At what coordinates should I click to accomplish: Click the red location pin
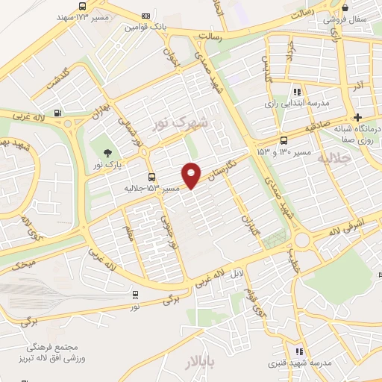192,175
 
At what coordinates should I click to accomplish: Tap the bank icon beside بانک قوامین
145,16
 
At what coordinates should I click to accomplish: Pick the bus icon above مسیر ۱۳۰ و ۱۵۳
284,140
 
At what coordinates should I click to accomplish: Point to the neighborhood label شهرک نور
179,123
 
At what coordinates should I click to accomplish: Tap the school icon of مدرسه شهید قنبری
298,351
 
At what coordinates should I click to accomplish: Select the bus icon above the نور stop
135,295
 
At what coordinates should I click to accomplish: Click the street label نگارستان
224,169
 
